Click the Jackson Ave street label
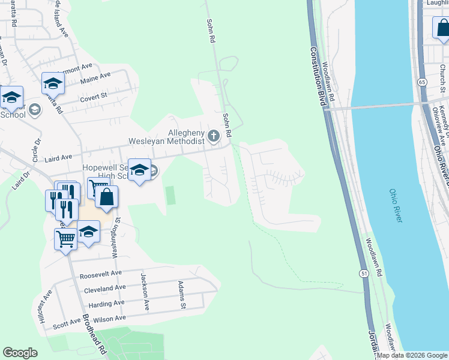pyautogui.click(x=144, y=292)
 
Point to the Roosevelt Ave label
pyautogui.click(x=100, y=276)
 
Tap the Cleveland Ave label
pyautogui.click(x=106, y=288)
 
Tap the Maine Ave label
pyautogui.click(x=95, y=77)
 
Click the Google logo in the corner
pyautogui.click(x=20, y=353)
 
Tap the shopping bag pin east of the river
pyautogui.click(x=441, y=28)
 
